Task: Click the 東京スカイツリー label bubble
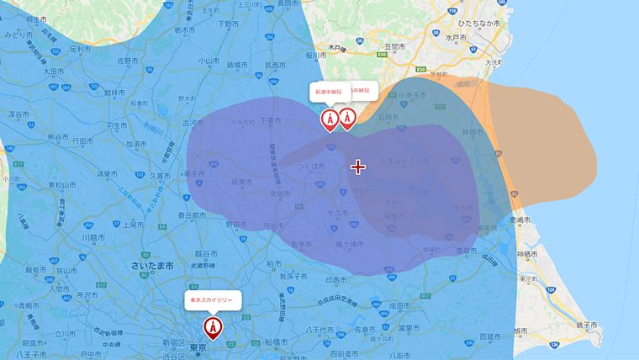coord(214,299)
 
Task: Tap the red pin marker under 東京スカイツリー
coord(214,326)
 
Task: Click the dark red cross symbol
coord(358,167)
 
